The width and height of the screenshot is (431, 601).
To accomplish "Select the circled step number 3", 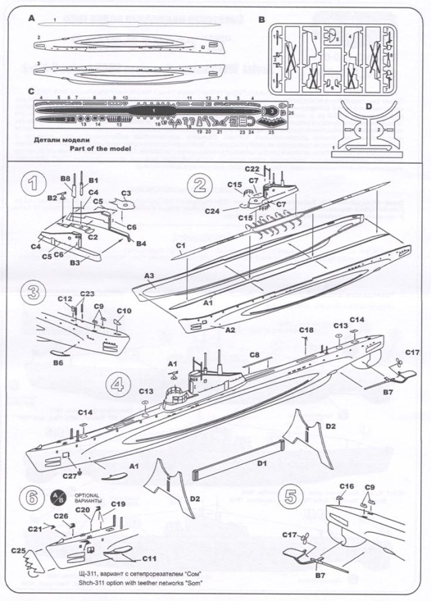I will [x=33, y=293].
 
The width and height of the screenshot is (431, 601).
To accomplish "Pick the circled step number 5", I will [x=290, y=497].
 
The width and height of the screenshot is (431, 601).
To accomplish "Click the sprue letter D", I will [x=368, y=106].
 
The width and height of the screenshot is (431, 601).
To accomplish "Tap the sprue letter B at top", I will [x=262, y=20].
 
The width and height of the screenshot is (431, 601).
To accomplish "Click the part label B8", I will [x=66, y=179].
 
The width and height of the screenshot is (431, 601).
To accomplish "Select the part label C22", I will [x=252, y=168].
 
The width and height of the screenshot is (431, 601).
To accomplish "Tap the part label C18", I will [x=306, y=329].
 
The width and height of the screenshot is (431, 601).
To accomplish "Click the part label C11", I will [x=150, y=559].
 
